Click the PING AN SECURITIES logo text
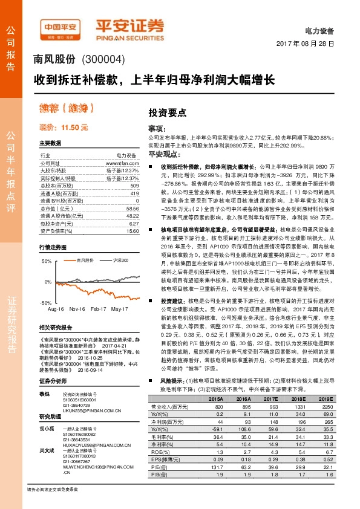(129, 36)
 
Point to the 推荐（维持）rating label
(61, 108)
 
